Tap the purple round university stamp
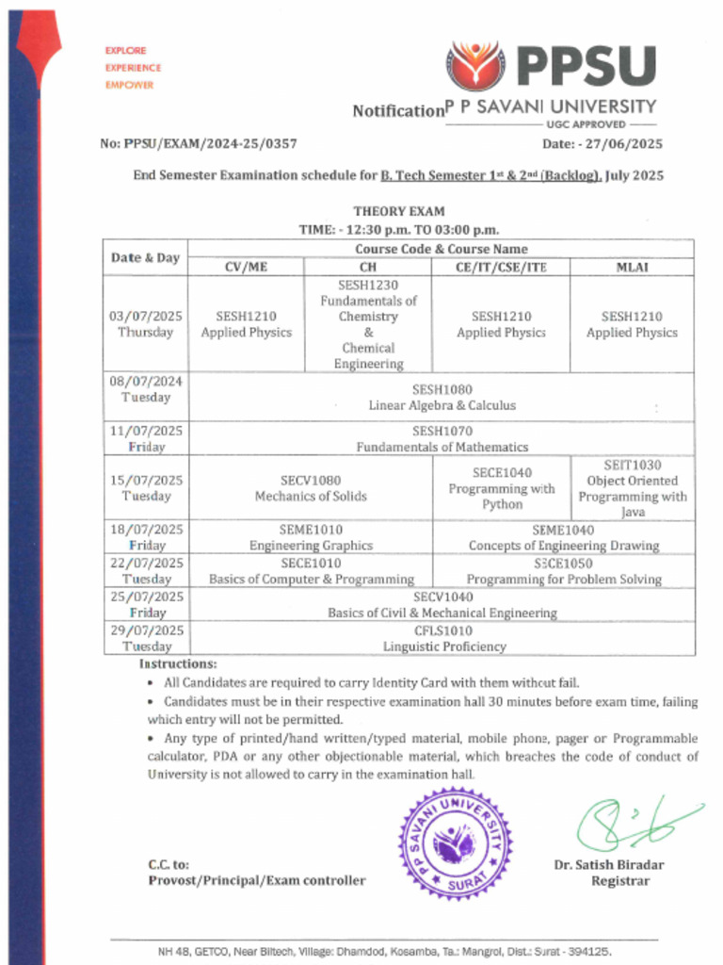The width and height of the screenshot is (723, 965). tap(456, 842)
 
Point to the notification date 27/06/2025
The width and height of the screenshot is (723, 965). tap(602, 144)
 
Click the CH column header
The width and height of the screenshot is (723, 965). tap(368, 267)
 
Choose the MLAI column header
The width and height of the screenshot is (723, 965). tap(632, 267)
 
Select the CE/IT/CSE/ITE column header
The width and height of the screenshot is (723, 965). tap(501, 267)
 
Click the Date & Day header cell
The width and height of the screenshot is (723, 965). tap(145, 257)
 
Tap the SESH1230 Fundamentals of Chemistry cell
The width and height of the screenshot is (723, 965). tap(368, 324)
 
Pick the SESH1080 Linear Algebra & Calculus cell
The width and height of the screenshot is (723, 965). tap(442, 397)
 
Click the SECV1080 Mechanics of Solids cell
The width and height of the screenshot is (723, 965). tap(311, 488)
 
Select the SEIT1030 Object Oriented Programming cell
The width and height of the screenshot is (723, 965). tap(632, 488)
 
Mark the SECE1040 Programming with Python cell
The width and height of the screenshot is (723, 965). tap(501, 488)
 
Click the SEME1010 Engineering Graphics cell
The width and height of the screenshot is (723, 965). tap(311, 537)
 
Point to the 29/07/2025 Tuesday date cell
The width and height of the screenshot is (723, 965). tap(145, 638)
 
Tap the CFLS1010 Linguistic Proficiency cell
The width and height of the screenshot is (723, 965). tap(442, 638)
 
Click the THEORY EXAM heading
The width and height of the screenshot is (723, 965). tap(399, 211)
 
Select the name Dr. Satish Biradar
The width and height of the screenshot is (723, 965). tap(608, 864)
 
